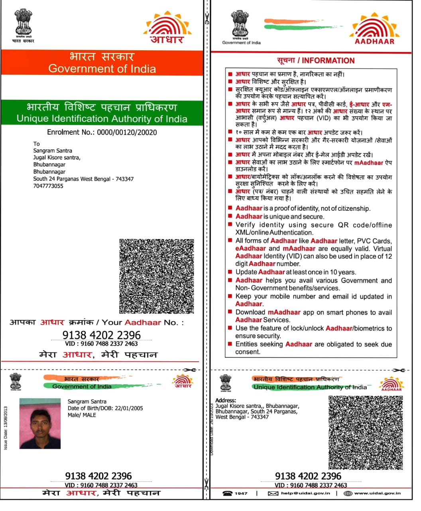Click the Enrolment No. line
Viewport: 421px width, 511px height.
coord(102,132)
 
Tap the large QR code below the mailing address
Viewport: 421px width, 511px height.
coord(157,276)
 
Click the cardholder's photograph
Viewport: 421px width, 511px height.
coord(40,423)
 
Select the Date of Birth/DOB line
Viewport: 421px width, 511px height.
coord(105,408)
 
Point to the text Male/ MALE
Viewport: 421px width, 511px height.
coord(82,415)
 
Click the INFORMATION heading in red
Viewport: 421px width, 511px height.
coord(316,61)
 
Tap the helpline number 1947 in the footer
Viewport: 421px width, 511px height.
coord(241,493)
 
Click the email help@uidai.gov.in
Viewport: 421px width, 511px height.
coord(305,493)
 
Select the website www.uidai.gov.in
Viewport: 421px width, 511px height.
coord(377,493)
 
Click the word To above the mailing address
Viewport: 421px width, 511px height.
coord(37,144)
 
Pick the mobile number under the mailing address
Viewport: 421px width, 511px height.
coord(48,186)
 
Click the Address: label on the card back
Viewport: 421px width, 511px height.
coord(226,400)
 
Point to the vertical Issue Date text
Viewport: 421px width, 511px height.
coord(6,428)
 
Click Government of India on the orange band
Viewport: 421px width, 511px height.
coord(102,69)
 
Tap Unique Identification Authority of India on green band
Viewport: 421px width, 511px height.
coord(102,119)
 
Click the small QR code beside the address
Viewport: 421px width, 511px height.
coord(365,432)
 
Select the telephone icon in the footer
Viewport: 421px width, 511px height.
coord(228,493)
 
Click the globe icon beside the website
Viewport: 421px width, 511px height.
coord(348,493)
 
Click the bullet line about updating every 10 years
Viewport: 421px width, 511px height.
coord(295,272)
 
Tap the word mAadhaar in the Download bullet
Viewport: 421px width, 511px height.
coord(284,312)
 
